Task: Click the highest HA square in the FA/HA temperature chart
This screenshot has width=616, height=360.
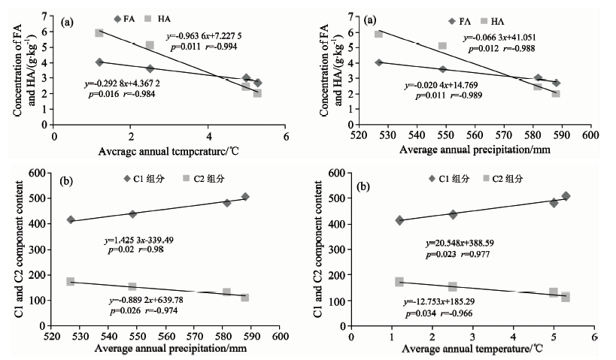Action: pos(99,33)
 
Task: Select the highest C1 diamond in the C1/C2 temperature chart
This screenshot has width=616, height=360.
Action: pos(566,196)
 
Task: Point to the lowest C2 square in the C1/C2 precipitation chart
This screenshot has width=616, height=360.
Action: pos(245,298)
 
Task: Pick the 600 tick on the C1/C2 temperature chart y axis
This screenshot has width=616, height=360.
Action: pos(348,173)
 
